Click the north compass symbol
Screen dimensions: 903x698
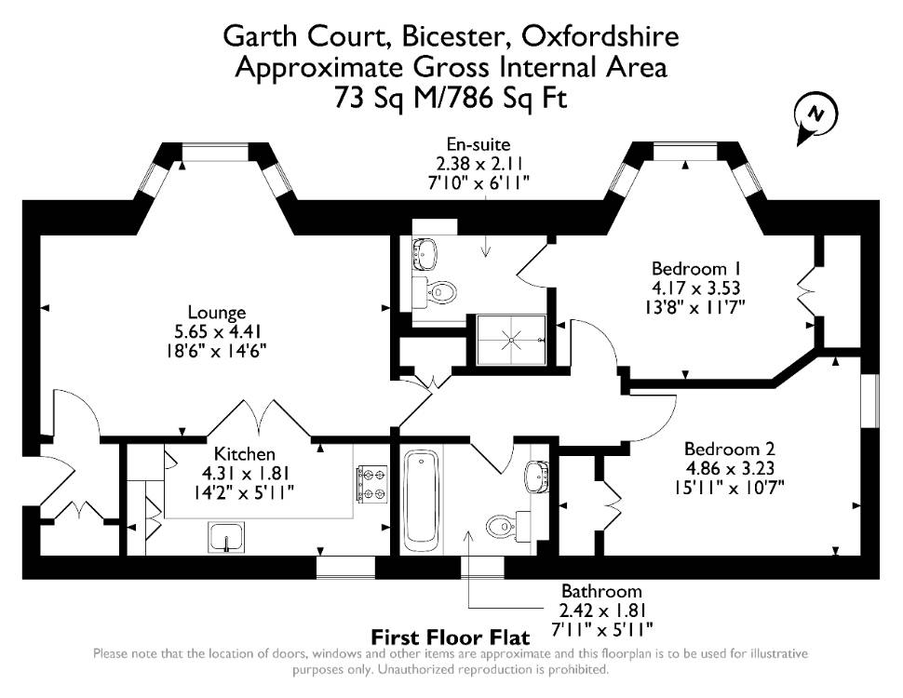815,120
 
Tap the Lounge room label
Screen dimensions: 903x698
217,313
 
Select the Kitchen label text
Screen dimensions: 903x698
245,454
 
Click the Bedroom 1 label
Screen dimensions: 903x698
696,269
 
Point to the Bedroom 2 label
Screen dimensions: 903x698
729,449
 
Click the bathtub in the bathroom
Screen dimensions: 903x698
422,501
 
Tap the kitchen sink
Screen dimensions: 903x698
226,537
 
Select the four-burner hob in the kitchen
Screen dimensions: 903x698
372,483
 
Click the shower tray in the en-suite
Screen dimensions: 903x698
511,340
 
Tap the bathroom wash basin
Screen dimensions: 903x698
537,476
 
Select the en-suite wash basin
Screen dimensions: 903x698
425,253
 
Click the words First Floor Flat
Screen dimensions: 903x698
451,638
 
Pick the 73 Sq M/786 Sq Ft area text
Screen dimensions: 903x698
451,98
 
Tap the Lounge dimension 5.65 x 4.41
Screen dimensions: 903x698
218,331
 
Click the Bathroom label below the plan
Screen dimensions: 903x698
601,592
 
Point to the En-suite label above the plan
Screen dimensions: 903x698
478,144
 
